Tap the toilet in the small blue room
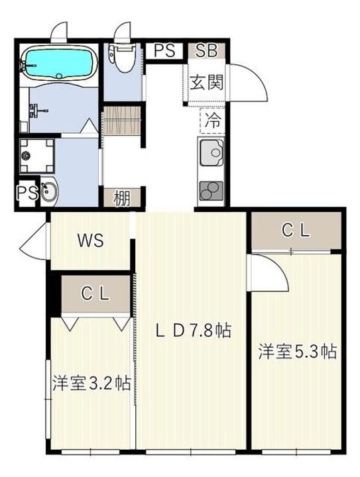pyautogui.click(x=122, y=60)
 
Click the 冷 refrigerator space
pyautogui.click(x=213, y=121)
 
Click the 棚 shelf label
pyautogui.click(x=121, y=198)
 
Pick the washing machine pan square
pyautogui.click(x=32, y=155)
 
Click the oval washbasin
pyautogui.click(x=48, y=193)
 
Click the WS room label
pyautogui.click(x=91, y=240)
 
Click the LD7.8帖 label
pyautogui.click(x=192, y=330)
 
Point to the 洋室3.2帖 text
pyautogui.click(x=91, y=383)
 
